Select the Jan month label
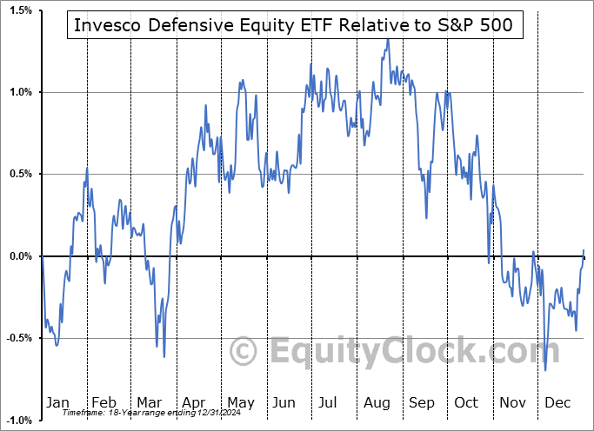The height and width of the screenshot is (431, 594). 57,402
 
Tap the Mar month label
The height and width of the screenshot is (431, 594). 149,402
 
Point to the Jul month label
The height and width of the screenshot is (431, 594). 330,402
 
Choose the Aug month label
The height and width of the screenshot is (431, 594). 376,402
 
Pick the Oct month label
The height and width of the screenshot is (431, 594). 467,402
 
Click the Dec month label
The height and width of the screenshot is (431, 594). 557,402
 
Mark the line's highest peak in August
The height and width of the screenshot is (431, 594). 388,39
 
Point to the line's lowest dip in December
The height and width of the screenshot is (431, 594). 545,370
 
